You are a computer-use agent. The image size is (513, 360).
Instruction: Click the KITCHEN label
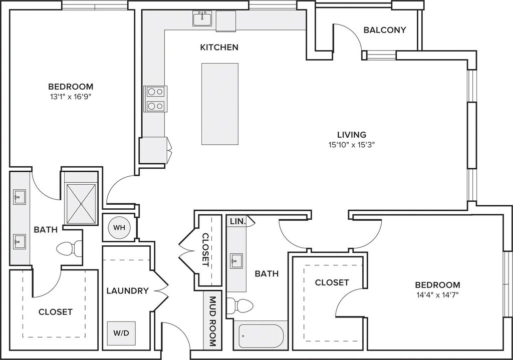click(219, 48)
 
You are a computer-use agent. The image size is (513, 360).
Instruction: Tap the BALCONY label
click(385, 30)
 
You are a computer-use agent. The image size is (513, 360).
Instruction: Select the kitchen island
click(220, 104)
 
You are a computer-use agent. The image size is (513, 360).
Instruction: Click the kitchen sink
click(202, 18)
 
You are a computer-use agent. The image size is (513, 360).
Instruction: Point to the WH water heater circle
click(119, 227)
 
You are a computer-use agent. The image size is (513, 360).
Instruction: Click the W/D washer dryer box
click(121, 333)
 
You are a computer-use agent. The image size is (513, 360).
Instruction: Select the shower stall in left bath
click(81, 204)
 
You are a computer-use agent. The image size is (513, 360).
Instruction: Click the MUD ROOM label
click(212, 321)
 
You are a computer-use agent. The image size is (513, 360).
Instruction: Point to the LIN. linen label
click(238, 221)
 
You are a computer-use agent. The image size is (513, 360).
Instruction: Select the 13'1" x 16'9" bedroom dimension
click(71, 97)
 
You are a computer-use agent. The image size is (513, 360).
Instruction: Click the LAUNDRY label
click(128, 291)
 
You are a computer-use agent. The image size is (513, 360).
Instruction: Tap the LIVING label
click(352, 134)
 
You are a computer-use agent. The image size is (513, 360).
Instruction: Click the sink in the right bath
click(236, 260)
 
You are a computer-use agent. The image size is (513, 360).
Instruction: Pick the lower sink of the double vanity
click(19, 242)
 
